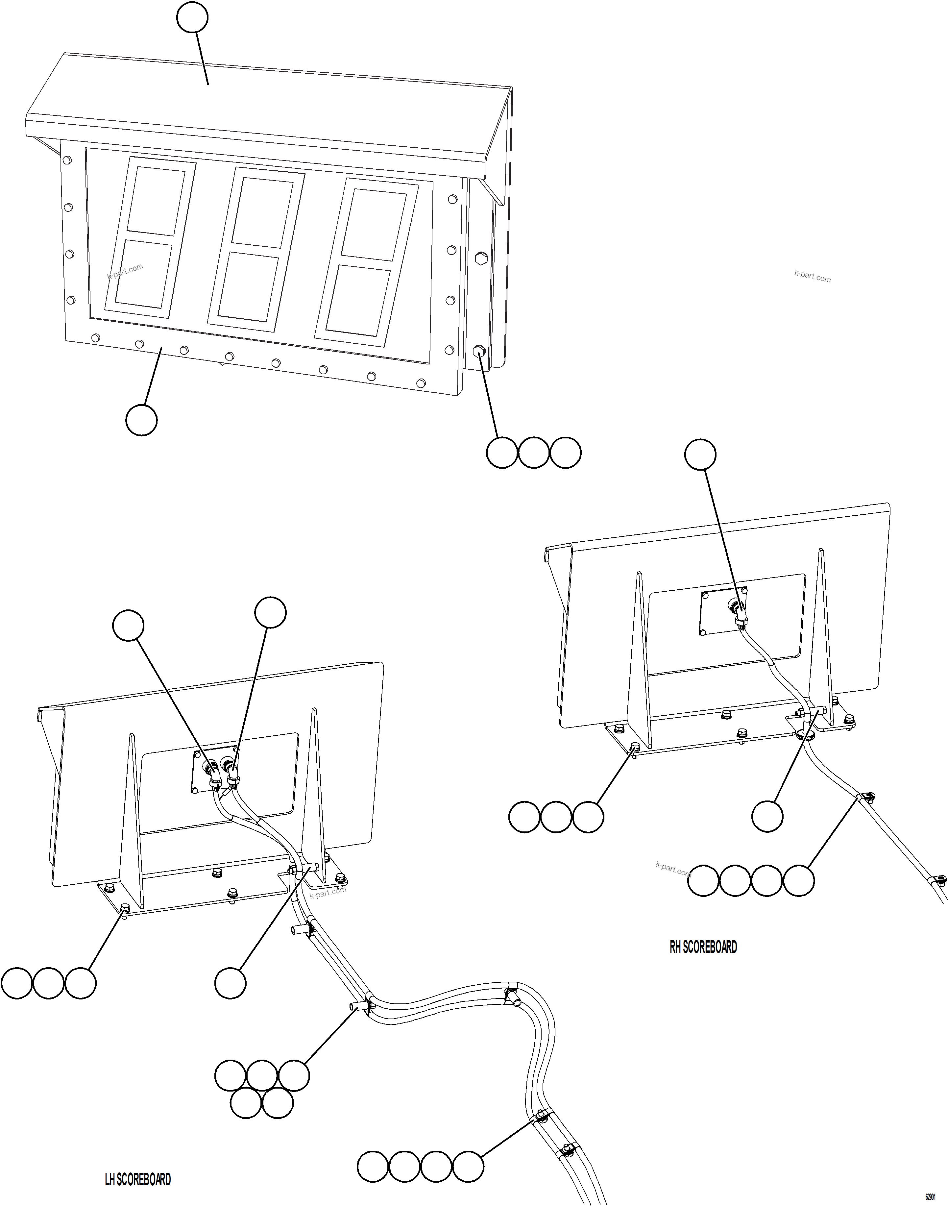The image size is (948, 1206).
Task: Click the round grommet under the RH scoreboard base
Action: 805,735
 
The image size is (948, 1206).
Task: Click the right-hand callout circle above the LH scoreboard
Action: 270,613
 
